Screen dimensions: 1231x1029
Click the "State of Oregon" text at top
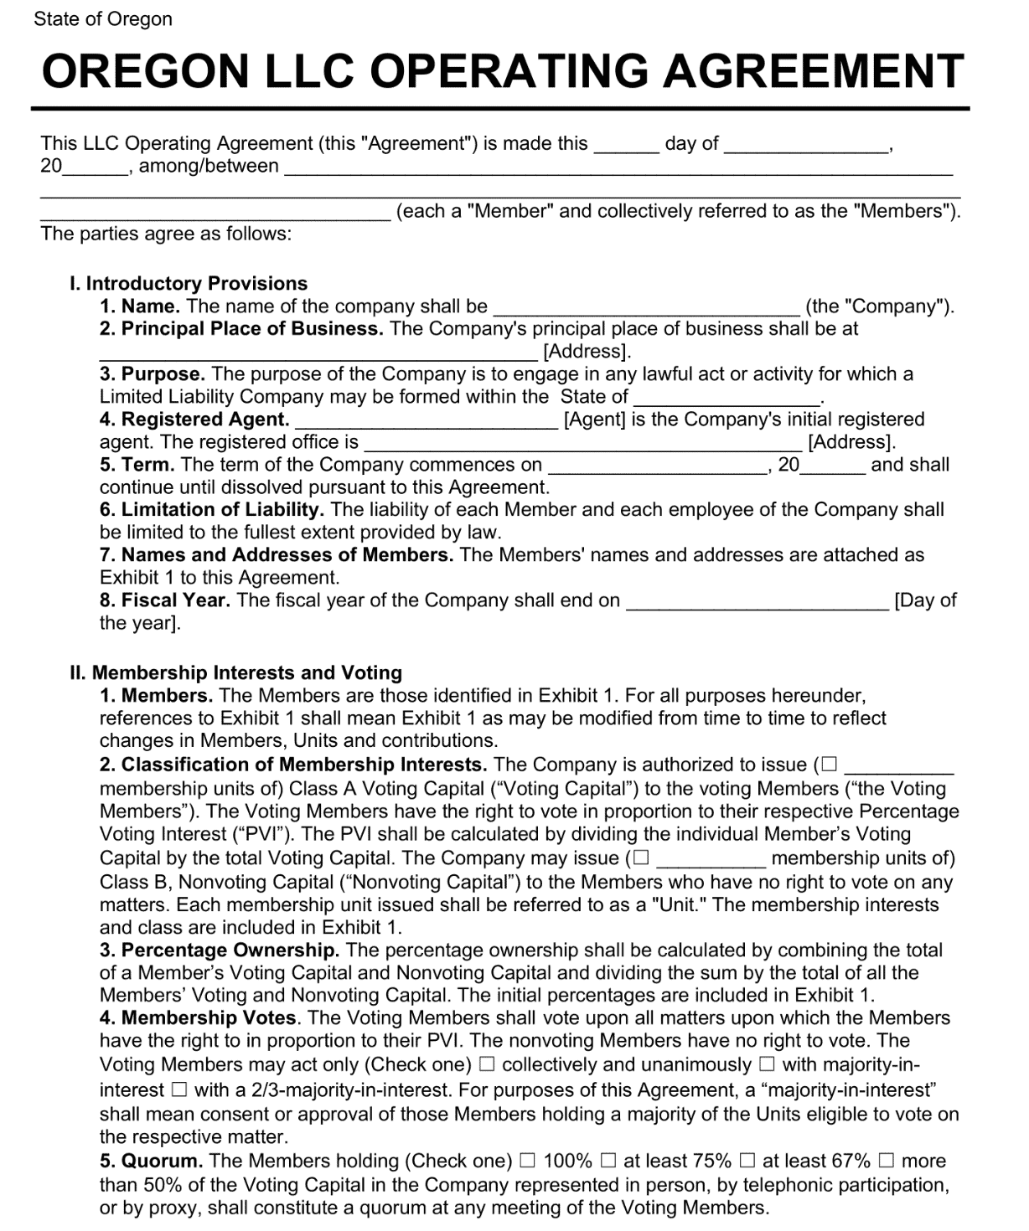click(103, 19)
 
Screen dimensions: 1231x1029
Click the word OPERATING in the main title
click(508, 71)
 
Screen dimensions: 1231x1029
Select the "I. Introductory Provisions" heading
click(189, 283)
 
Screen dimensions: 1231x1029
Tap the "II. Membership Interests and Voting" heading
click(235, 672)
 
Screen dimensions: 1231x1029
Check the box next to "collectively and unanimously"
click(487, 1064)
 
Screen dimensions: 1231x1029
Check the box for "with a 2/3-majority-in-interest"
click(178, 1089)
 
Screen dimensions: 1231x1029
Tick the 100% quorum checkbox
click(527, 1161)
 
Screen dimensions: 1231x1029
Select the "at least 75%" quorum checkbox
click(608, 1161)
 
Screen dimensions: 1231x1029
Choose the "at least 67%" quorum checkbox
click(747, 1161)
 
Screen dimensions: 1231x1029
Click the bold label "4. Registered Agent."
click(194, 419)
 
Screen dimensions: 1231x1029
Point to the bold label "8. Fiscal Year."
click(164, 600)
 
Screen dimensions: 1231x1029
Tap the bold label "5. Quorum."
click(152, 1161)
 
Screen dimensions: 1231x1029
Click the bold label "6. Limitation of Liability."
click(212, 509)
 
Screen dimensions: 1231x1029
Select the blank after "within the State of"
click(726, 398)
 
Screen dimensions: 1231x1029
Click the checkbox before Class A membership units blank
click(829, 765)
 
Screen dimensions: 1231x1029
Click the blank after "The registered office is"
click(582, 443)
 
